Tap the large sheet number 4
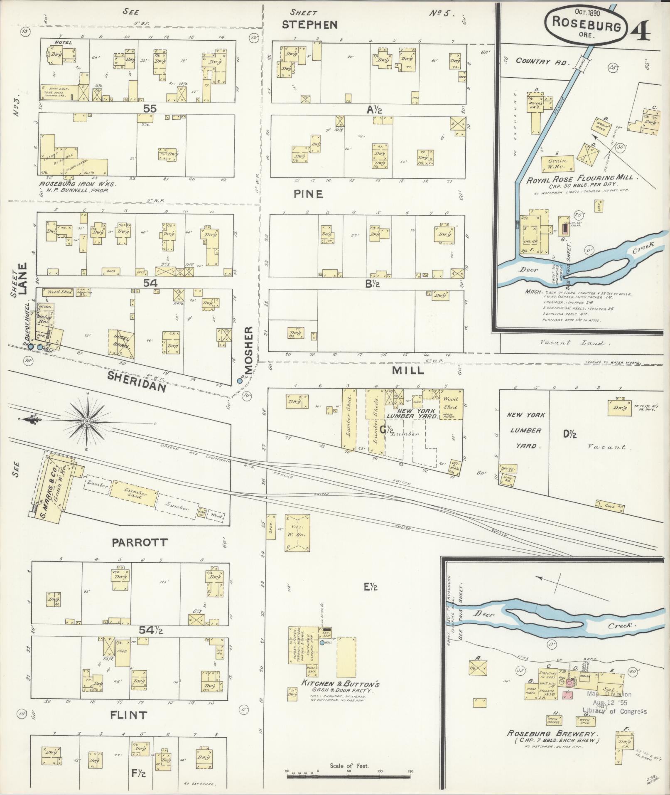click(641, 29)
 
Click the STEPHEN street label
click(309, 25)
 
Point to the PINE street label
click(308, 194)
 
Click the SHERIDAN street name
click(137, 382)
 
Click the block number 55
click(150, 109)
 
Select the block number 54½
click(151, 630)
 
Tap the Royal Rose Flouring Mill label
click(579, 177)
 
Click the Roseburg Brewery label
click(551, 734)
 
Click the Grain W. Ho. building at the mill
click(558, 163)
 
